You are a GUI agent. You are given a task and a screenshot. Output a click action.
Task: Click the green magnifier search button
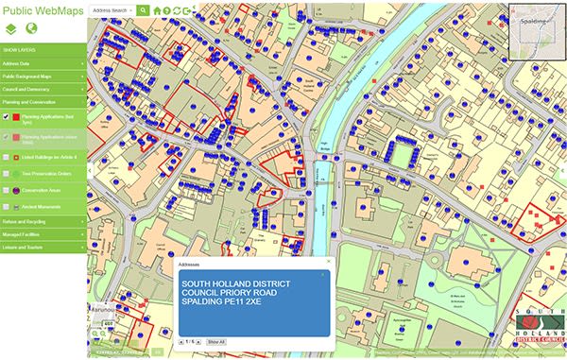143,9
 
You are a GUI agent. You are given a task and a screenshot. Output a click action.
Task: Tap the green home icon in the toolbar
157,10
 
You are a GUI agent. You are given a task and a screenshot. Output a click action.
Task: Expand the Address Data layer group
43,62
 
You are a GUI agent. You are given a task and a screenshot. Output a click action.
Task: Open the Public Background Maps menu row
43,76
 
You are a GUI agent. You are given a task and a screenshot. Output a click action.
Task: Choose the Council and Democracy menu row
43,89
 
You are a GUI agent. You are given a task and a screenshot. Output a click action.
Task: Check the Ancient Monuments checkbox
7,205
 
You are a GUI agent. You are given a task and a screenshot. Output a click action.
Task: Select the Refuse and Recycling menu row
43,222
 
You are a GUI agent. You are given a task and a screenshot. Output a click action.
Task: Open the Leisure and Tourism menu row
43,249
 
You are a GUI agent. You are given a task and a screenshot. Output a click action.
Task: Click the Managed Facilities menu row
43,235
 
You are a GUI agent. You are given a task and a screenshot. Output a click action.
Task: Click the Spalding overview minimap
536,30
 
